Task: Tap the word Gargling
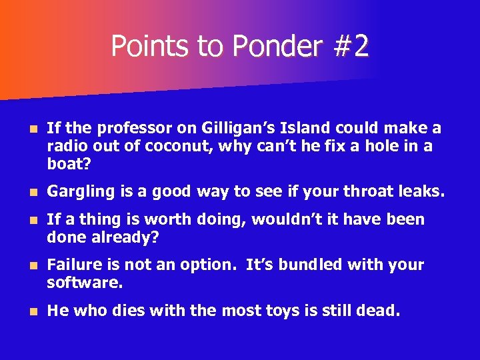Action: coord(81,192)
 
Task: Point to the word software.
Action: coord(85,283)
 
